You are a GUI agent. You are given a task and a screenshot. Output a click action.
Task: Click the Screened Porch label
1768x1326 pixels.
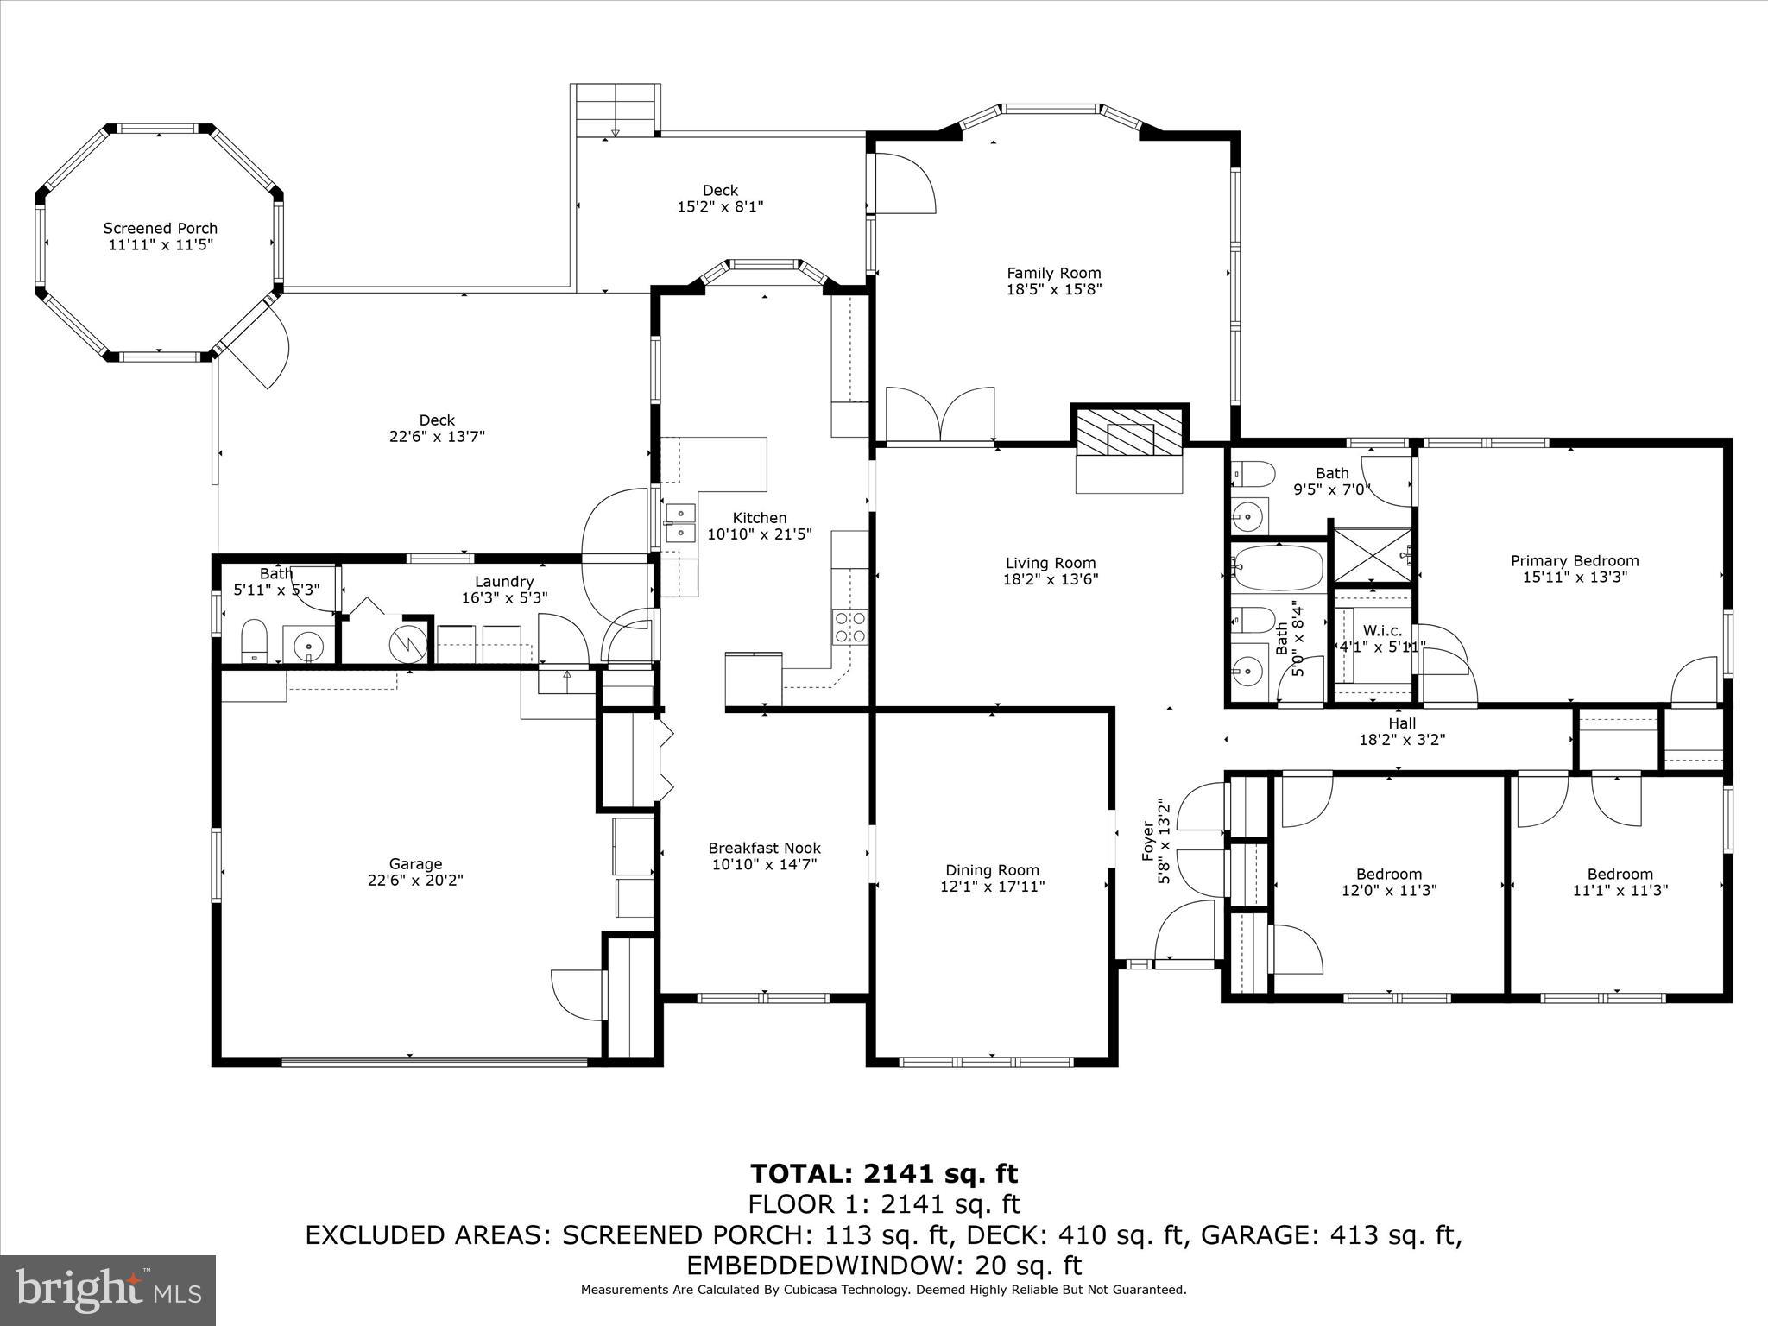(160, 229)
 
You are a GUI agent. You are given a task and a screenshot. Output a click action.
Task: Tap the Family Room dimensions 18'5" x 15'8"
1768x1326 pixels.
(1054, 290)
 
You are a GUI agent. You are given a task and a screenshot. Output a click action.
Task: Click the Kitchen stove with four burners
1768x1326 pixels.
(849, 627)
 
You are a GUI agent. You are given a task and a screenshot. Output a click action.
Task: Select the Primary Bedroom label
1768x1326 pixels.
(1574, 561)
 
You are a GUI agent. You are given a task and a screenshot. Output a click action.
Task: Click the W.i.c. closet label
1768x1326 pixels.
(1383, 631)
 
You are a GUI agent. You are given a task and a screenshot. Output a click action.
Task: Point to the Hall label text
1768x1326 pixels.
(1402, 723)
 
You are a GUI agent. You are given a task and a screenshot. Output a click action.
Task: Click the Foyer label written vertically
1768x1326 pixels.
(1148, 841)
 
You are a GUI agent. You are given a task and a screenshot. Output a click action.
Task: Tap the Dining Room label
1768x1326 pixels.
(992, 870)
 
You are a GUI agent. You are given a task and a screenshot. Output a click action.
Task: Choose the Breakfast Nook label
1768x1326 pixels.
(764, 849)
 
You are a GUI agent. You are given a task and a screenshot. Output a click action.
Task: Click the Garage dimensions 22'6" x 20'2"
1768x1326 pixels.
(415, 881)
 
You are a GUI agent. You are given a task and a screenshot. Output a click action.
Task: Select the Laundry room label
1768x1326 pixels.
(504, 582)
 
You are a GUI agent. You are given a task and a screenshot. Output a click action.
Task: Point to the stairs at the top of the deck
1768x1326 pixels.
(616, 110)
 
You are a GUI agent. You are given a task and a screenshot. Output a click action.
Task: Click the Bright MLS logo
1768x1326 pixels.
(108, 1290)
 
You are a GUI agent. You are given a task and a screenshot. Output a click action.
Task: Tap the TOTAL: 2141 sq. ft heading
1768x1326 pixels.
(883, 1174)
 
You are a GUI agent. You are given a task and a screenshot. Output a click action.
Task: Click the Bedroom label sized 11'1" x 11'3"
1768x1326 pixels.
(1620, 874)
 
